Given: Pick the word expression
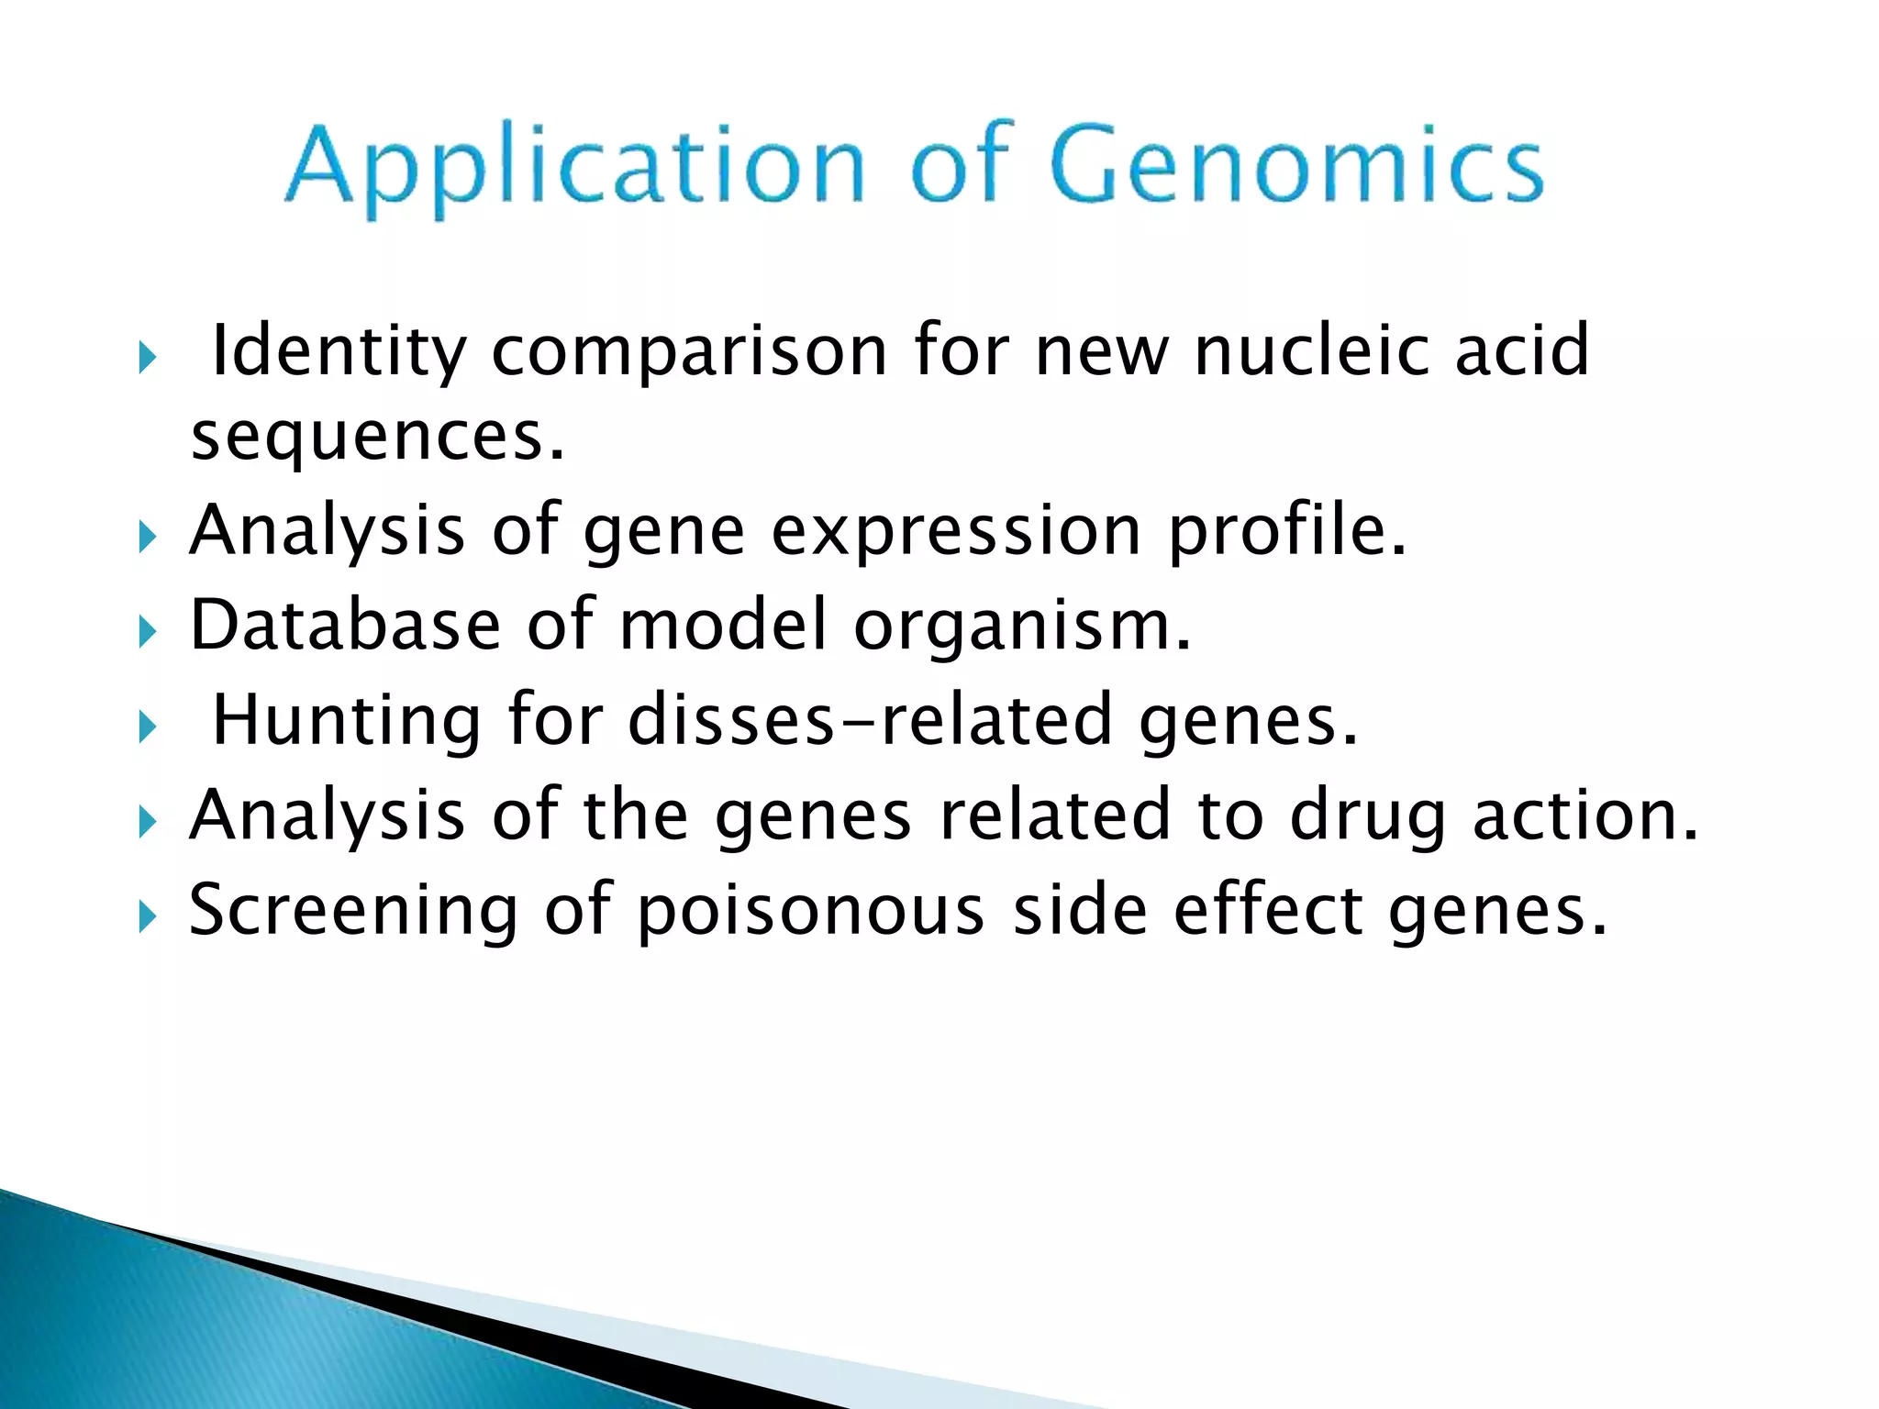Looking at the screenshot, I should [955, 531].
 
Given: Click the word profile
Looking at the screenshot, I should [1286, 531].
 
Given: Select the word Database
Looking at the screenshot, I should [345, 625].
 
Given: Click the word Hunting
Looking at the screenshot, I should [347, 721].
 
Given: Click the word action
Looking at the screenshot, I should [1585, 815].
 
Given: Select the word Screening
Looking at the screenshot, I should [353, 911].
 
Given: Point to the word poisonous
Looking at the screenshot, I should [810, 911].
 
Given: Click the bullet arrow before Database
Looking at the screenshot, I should [147, 631].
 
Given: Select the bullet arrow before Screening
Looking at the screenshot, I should [147, 915].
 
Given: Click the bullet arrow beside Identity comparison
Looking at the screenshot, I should [147, 358].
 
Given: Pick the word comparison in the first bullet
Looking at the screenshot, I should [689, 352].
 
